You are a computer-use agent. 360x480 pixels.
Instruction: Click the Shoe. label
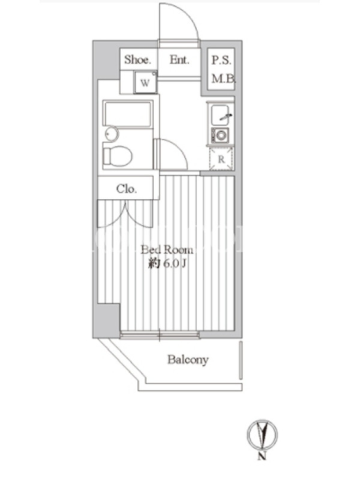(137, 59)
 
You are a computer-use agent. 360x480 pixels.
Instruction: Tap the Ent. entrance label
(179, 59)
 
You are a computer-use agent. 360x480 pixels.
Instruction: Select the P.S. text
(221, 60)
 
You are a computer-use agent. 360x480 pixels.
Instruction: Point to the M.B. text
(223, 79)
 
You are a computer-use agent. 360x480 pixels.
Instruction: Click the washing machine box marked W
(145, 82)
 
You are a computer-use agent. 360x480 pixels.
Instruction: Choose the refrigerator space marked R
(221, 159)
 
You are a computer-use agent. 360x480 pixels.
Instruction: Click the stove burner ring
(220, 134)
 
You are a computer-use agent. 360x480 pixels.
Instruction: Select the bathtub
(128, 114)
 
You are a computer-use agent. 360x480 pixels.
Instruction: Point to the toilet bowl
(118, 157)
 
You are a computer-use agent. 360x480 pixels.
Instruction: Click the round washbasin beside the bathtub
(112, 134)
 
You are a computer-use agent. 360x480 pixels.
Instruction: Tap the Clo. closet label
(127, 189)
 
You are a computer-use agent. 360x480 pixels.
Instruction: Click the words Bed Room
(167, 250)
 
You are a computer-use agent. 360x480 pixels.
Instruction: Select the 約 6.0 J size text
(167, 263)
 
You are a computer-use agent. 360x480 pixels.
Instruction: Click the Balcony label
(188, 359)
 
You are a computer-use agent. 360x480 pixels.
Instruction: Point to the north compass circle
(262, 434)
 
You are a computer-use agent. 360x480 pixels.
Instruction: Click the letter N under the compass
(262, 456)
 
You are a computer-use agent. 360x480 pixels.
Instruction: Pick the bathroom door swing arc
(179, 148)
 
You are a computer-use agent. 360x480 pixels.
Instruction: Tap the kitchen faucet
(227, 116)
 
